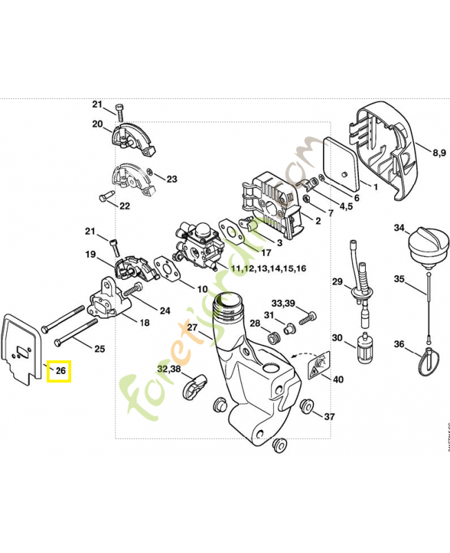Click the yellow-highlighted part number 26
60,371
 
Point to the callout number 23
171,179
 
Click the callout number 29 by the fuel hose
337,281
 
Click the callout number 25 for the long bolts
99,348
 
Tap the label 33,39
282,303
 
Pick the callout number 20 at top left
97,124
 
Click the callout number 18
144,322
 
